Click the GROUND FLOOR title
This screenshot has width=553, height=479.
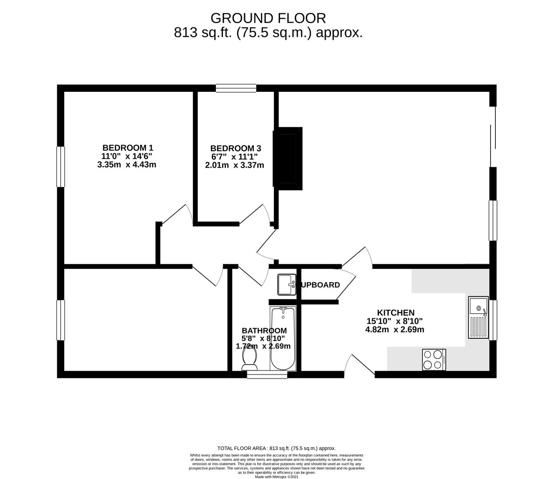click(268, 18)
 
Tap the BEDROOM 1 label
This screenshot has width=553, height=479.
click(128, 148)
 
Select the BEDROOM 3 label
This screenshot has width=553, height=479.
click(235, 148)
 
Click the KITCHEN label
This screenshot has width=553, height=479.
click(395, 313)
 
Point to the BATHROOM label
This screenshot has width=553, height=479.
click(264, 331)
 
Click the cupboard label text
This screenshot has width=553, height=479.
click(321, 285)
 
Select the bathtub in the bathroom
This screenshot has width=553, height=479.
click(283, 338)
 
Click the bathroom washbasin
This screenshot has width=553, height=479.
click(287, 284)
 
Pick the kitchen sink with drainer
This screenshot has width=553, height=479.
click(478, 318)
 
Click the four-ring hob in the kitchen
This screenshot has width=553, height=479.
click(434, 360)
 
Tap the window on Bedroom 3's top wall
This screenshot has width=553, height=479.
click(236, 88)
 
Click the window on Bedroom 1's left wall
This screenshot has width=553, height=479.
click(61, 167)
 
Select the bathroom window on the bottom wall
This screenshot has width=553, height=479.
click(267, 375)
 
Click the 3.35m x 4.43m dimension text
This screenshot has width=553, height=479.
click(127, 165)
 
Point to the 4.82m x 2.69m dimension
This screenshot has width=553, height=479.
click(394, 330)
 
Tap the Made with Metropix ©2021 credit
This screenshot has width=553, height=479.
click(276, 477)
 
